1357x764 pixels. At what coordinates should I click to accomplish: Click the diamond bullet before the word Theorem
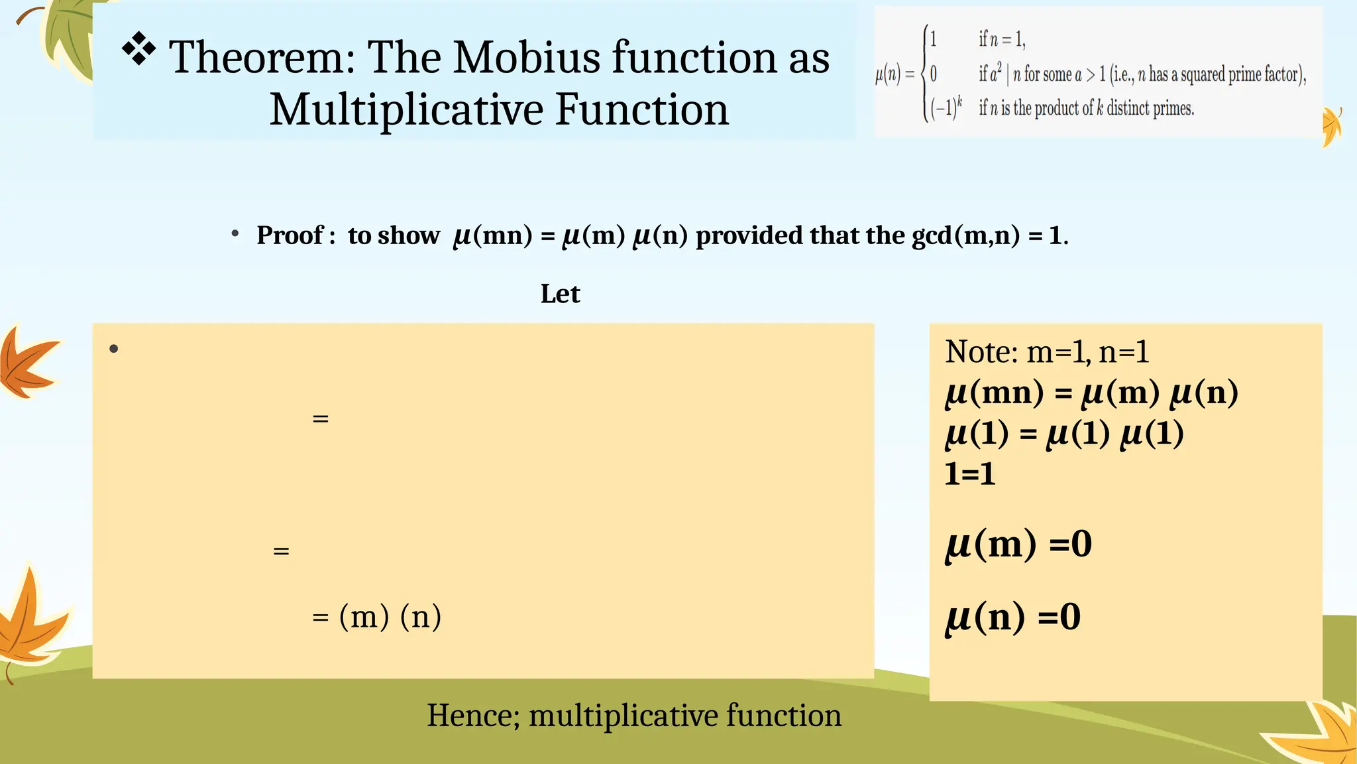pyautogui.click(x=139, y=50)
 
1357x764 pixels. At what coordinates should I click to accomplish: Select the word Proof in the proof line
pyautogui.click(x=290, y=235)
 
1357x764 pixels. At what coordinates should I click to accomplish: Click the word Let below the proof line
pyautogui.click(x=560, y=294)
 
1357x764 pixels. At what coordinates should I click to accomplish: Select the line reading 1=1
pyautogui.click(x=969, y=474)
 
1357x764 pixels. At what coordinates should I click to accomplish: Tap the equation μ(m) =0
pyautogui.click(x=1018, y=544)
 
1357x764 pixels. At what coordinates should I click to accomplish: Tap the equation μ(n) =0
pyautogui.click(x=1012, y=617)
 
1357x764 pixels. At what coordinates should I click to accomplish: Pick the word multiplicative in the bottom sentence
pyautogui.click(x=622, y=716)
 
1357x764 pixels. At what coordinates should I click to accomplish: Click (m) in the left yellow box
pyautogui.click(x=364, y=617)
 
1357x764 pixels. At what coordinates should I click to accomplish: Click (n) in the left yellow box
pyautogui.click(x=421, y=617)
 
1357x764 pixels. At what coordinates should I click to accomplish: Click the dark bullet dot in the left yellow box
pyautogui.click(x=114, y=349)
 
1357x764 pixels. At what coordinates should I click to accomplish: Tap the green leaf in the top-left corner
pyautogui.click(x=66, y=36)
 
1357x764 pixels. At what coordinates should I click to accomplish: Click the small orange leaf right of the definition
pyautogui.click(x=1331, y=126)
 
